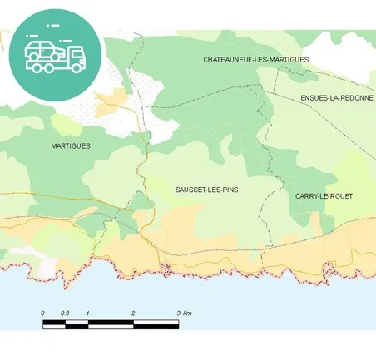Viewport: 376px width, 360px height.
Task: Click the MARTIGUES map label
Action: [x=71, y=145]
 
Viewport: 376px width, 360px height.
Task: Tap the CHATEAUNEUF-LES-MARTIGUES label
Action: [x=255, y=60]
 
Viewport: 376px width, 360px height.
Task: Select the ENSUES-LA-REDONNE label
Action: [x=337, y=98]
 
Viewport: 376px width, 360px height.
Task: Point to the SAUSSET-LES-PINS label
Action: [x=206, y=190]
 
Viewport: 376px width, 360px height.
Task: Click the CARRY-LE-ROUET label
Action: [x=324, y=195]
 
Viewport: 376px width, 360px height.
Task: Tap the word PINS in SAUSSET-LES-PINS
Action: [x=229, y=190]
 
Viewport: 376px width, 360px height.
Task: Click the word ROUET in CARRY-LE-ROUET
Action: [x=341, y=195]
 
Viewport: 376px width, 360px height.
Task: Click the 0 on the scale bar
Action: [x=43, y=313]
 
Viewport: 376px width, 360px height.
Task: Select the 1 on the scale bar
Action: [x=88, y=313]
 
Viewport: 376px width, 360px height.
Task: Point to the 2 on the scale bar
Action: [x=133, y=313]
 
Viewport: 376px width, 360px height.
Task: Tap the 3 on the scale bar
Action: [x=178, y=313]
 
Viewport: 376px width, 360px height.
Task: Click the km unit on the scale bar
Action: [x=188, y=313]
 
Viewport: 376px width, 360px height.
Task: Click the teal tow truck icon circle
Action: [x=55, y=55]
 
